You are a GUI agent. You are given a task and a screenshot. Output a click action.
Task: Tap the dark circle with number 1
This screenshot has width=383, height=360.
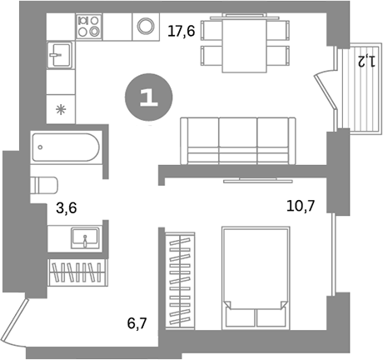tap(148, 97)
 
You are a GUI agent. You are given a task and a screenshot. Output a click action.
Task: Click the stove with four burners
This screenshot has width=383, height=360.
tap(88, 26)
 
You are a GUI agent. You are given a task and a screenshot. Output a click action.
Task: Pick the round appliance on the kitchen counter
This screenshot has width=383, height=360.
tap(147, 25)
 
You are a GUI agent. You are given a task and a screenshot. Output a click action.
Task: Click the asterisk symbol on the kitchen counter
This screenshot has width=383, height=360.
tap(60, 108)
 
